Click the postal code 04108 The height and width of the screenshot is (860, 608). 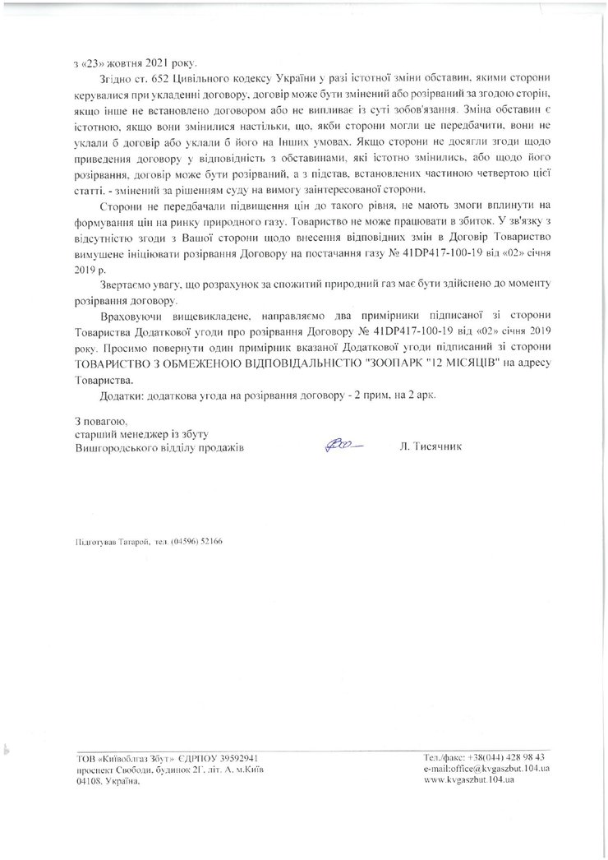point(89,782)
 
